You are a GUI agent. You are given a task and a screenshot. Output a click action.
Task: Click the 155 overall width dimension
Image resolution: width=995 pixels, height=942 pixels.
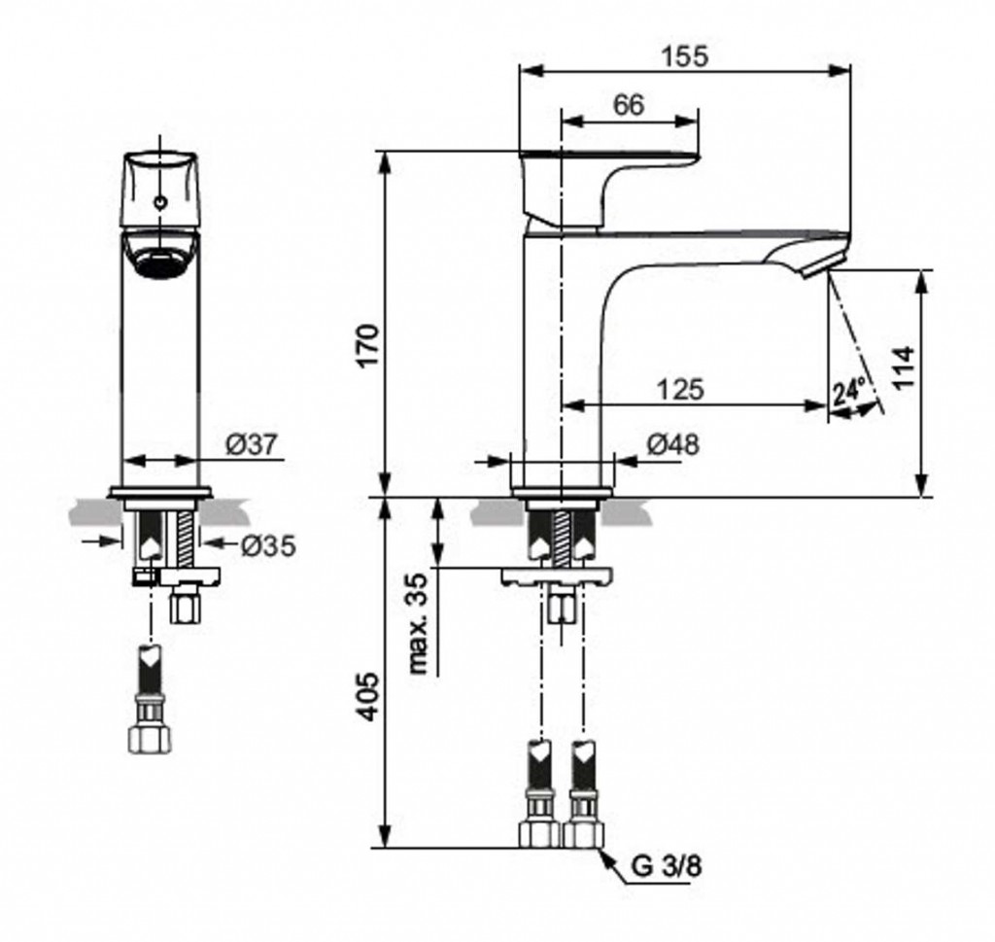684,56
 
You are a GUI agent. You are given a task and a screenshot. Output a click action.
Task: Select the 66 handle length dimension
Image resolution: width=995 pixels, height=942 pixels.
629,105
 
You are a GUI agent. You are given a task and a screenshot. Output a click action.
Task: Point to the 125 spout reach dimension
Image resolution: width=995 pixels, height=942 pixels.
680,389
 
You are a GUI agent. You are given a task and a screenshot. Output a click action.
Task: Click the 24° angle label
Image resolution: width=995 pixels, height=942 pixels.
849,391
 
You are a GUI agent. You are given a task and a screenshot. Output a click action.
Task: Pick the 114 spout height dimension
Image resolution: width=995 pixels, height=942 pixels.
903,367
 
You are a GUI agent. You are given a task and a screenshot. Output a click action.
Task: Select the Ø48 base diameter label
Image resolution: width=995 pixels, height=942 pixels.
673,444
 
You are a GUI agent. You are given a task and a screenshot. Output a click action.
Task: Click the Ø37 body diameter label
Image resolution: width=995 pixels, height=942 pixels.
252,444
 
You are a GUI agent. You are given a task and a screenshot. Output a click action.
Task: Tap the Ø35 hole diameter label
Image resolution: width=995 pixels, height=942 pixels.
269,545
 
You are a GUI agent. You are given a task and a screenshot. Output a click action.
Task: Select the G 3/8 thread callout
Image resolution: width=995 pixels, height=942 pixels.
667,866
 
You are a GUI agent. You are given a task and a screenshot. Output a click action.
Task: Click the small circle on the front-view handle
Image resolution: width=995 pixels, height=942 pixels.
160,203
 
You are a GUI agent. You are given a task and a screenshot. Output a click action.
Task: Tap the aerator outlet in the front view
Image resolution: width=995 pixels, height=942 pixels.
160,262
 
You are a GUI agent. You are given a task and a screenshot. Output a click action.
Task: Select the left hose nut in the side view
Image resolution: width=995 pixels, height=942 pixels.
540,833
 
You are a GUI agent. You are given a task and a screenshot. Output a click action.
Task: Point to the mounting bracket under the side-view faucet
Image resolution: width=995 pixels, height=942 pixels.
558,577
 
